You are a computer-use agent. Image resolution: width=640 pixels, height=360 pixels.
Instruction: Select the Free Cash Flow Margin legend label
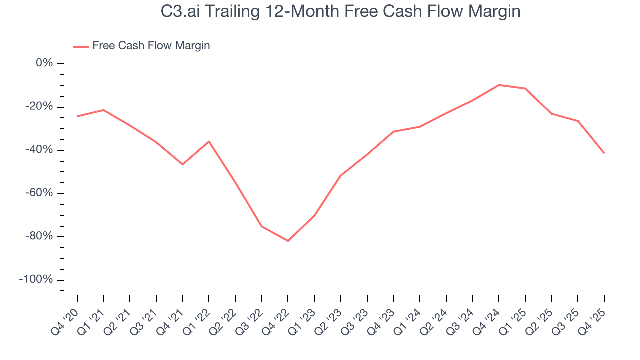[151, 46]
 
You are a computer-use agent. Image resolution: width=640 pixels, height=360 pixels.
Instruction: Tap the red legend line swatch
[81, 46]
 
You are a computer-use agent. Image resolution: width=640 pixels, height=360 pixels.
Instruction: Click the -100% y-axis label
[36, 279]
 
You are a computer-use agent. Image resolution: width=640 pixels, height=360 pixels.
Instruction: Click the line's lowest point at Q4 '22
[288, 241]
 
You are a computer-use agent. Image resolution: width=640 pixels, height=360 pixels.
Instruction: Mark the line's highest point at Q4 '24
[499, 85]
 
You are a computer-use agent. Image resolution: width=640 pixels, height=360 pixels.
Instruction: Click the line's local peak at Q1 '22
[209, 141]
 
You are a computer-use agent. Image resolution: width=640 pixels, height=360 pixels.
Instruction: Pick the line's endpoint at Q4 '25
[604, 153]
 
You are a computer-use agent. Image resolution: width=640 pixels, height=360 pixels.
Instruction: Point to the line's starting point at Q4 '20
[77, 116]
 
